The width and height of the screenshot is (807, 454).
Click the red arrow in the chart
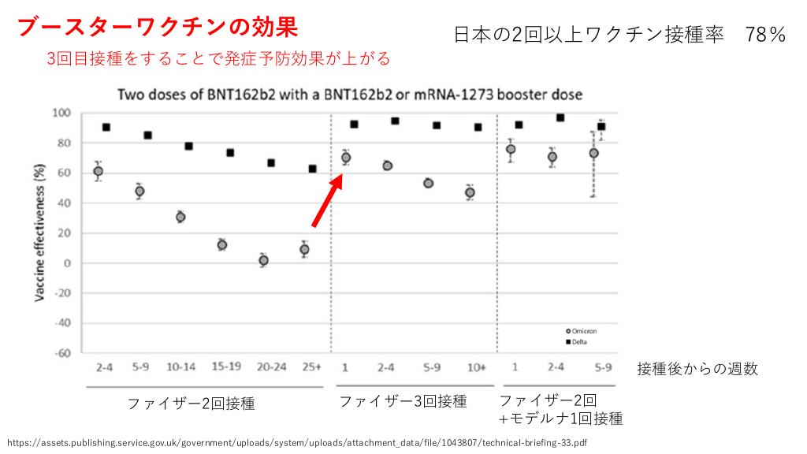pyautogui.click(x=326, y=201)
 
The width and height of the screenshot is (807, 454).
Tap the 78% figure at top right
pyautogui.click(x=765, y=35)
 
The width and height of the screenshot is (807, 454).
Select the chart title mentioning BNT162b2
pyautogui.click(x=350, y=95)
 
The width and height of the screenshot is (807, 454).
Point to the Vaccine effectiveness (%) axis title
pyautogui.click(x=39, y=233)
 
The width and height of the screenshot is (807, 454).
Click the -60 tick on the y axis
pyautogui.click(x=66, y=353)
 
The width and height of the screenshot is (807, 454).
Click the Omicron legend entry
pyautogui.click(x=583, y=331)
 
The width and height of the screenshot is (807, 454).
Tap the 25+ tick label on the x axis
pyautogui.click(x=312, y=367)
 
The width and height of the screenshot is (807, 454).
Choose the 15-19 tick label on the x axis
pyautogui.click(x=225, y=367)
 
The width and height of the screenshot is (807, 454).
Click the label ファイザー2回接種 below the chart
pyautogui.click(x=191, y=404)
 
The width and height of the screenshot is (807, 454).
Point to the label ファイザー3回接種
pyautogui.click(x=403, y=401)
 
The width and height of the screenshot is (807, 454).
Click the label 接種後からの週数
pyautogui.click(x=697, y=368)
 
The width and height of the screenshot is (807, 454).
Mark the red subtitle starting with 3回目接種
pyautogui.click(x=219, y=59)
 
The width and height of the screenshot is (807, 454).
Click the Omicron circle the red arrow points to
pyautogui.click(x=345, y=158)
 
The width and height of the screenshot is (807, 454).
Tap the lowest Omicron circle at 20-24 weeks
pyautogui.click(x=263, y=260)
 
